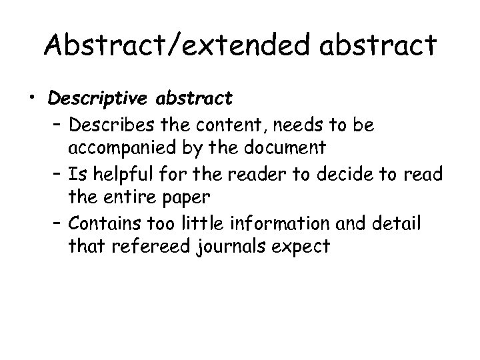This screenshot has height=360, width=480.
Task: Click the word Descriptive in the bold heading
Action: click(x=99, y=99)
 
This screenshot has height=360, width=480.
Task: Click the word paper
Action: click(x=193, y=198)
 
